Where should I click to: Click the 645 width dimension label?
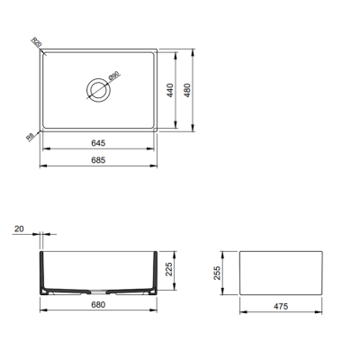tap(98, 141)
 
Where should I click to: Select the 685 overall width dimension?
tap(98, 159)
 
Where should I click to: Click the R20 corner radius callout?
tap(35, 41)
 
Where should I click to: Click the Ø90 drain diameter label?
tap(113, 78)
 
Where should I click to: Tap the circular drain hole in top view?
tap(96, 88)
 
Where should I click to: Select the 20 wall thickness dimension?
tap(19, 229)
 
